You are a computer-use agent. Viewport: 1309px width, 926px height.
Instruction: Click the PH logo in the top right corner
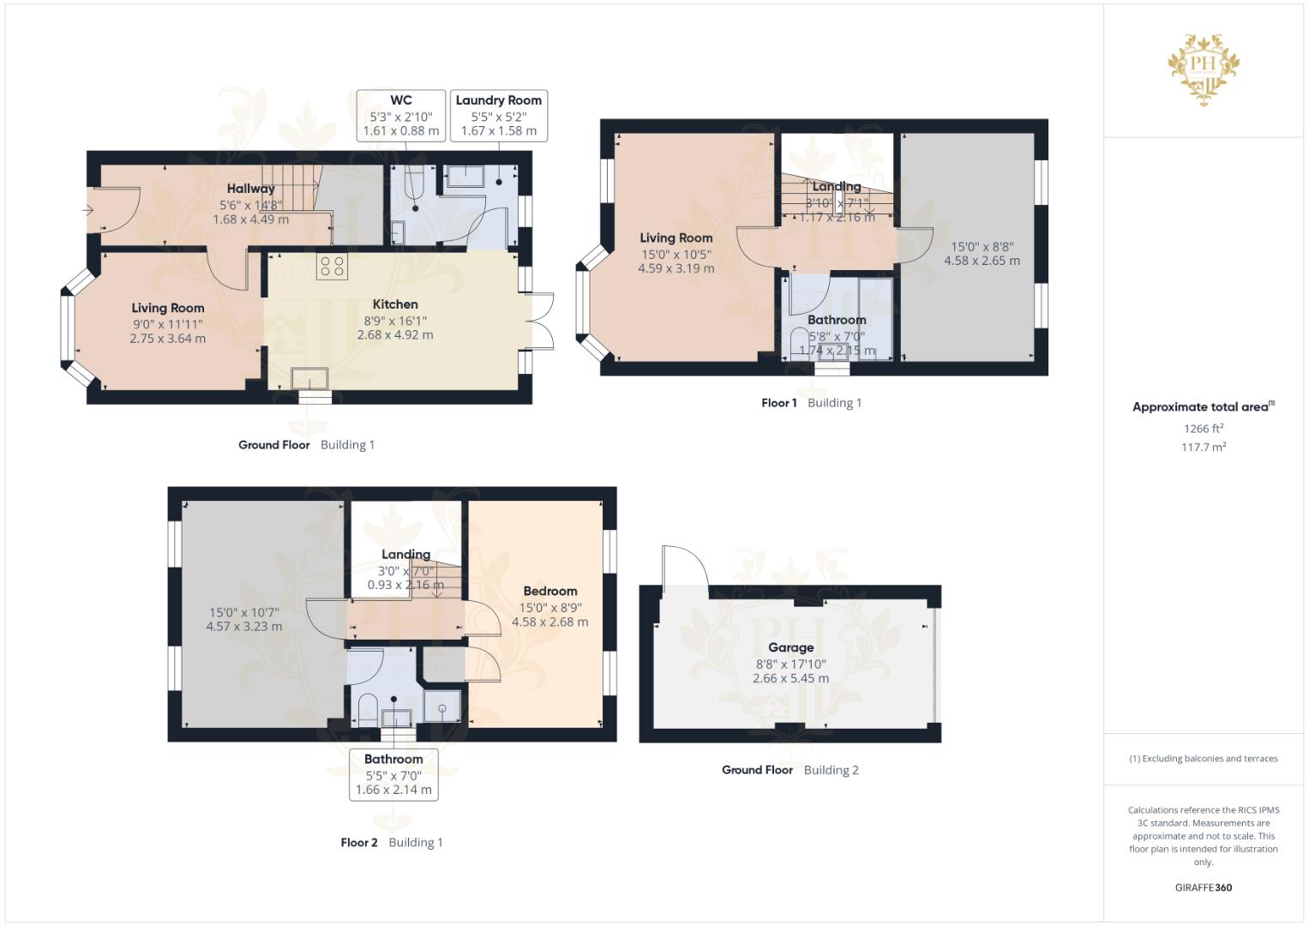point(1204,69)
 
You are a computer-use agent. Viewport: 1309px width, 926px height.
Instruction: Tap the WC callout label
point(401,116)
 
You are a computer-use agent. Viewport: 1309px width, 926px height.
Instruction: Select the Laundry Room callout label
point(498,116)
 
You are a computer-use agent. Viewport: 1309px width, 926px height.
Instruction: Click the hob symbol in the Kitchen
point(332,267)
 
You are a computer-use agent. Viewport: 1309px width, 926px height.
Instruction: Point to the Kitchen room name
point(395,304)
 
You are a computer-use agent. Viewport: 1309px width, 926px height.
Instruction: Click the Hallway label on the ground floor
point(250,189)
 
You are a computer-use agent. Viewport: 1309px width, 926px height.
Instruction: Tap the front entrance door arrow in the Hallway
point(89,210)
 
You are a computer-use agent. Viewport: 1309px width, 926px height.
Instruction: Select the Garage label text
point(790,647)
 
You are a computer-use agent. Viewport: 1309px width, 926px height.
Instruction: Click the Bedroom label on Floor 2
point(549,591)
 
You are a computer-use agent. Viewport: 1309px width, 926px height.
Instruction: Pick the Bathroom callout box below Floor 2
point(393,774)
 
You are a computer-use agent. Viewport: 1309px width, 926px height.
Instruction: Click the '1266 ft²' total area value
point(1204,429)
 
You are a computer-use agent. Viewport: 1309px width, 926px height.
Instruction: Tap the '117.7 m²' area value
point(1204,447)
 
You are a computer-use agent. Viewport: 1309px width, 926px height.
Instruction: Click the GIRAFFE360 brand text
point(1203,887)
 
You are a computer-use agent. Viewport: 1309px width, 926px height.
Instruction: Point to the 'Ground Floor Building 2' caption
point(790,770)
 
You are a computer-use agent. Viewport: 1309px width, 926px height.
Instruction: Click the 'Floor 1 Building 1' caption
point(811,403)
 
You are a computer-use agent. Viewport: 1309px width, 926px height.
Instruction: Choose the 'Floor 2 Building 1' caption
point(391,843)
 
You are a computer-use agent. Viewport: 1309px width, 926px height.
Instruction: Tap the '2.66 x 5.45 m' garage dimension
point(790,678)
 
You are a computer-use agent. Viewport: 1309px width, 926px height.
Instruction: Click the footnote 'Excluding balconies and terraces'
point(1204,759)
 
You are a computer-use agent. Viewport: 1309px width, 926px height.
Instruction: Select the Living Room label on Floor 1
point(676,238)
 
